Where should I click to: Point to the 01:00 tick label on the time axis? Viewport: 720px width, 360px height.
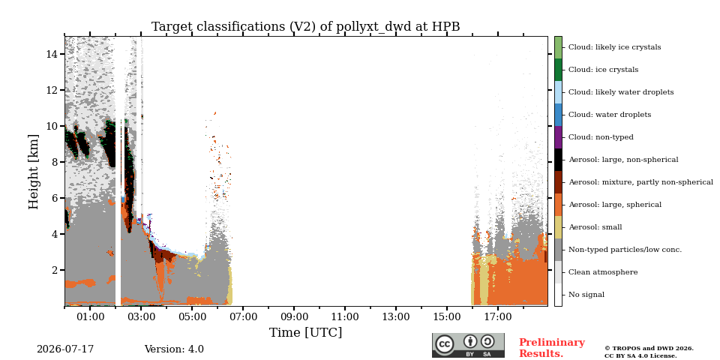[90, 316]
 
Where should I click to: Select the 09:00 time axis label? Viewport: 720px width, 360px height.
[294, 316]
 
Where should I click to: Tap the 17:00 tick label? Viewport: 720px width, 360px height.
[498, 316]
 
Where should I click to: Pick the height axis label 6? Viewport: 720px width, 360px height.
[55, 198]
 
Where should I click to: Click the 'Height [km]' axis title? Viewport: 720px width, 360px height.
[34, 171]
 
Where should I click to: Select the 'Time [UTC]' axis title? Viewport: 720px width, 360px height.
[305, 332]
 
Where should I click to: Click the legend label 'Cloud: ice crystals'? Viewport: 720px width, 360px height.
[603, 70]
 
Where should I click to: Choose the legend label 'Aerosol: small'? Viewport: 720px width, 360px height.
[595, 227]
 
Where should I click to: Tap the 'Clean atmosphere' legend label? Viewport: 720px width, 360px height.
[603, 272]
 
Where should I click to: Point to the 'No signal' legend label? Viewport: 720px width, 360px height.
[586, 295]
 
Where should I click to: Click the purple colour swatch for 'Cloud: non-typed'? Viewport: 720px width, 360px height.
[558, 137]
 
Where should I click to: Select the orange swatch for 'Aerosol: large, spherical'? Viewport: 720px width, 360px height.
[558, 205]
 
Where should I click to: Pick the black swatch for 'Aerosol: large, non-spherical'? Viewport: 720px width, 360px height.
[558, 160]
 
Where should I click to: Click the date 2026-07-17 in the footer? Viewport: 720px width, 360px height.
[65, 349]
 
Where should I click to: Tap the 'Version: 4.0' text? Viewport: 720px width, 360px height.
[174, 349]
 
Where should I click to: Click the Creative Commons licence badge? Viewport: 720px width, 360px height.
[468, 345]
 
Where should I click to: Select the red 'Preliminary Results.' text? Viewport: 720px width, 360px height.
[552, 347]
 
